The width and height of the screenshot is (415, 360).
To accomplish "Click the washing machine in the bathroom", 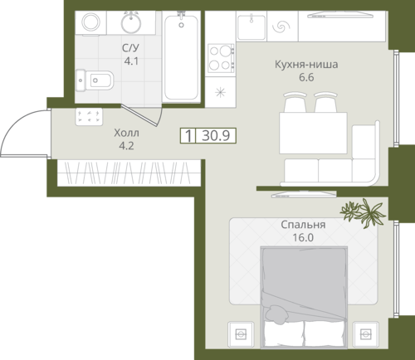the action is click(91, 22).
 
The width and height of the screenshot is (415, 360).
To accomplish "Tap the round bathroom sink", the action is click(131, 22).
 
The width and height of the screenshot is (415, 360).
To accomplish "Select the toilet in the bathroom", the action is click(95, 80).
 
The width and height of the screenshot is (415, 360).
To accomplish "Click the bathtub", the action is click(182, 56).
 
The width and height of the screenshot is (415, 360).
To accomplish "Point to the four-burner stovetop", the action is click(222, 58).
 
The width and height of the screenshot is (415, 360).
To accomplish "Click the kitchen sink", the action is click(251, 27).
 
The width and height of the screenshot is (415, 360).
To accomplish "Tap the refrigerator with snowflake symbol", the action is click(221, 92).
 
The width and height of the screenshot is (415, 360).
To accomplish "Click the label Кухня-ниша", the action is click(306, 65).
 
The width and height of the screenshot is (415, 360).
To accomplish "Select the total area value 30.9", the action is click(216, 135).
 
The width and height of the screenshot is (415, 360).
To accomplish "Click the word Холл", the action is click(127, 133).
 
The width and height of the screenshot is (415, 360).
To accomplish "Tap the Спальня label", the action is click(303, 225).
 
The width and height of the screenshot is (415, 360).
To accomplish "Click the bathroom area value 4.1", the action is click(131, 61).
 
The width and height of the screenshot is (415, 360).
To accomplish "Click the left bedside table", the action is click(241, 334).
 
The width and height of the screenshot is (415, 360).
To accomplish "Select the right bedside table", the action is click(366, 334).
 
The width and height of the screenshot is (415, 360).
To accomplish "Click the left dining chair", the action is click(295, 102).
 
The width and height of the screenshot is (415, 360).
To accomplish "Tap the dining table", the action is click(313, 133).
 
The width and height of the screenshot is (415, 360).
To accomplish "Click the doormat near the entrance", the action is click(89, 117).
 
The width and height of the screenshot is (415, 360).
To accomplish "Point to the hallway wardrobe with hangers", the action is click(129, 173).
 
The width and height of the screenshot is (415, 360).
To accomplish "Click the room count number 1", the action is click(188, 135).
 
